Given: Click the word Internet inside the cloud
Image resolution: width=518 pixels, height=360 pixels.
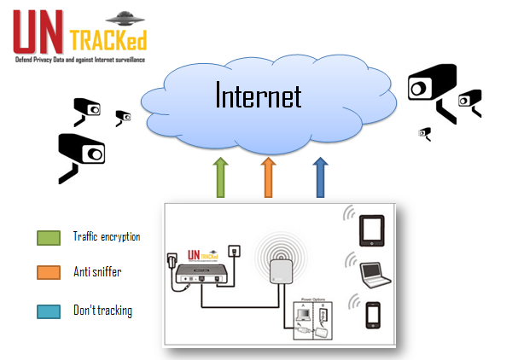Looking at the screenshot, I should [259, 95].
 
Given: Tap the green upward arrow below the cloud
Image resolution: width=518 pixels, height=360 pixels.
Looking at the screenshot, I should [219, 177].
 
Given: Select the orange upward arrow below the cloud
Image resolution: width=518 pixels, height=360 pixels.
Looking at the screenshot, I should [269, 177].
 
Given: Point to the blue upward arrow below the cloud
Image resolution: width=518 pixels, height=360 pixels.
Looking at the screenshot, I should [320, 177].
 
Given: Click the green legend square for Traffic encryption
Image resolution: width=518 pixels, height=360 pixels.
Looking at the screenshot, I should [48, 238].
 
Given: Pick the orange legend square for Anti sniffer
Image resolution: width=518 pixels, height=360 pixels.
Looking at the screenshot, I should [48, 273].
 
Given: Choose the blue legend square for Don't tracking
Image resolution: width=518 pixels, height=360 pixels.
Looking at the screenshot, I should [48, 311].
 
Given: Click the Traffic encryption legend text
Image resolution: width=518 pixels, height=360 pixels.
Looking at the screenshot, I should [107, 237].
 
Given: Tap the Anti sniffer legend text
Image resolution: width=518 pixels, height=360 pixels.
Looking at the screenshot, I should [97, 273].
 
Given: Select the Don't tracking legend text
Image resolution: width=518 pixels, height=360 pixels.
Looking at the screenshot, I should [102, 311].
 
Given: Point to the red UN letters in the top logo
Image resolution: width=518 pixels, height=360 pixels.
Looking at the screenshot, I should [38, 33].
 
